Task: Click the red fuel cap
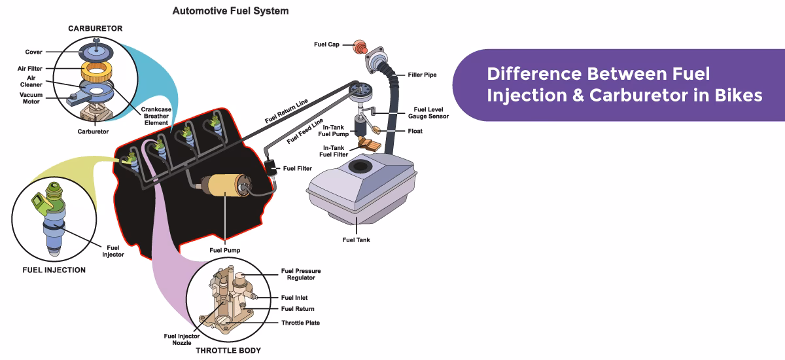coord(358,46)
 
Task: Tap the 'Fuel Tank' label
coord(356,240)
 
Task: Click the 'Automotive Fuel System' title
coord(230,11)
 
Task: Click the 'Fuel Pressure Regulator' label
coord(301,274)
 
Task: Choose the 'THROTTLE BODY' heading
coord(228,351)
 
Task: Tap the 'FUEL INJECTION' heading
coord(54,270)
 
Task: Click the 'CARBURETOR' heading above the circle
coord(96,28)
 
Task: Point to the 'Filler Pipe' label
coord(422,75)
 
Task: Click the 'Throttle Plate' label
coord(300,323)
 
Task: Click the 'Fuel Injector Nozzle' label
coord(177,339)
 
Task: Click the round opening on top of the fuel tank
coord(358,167)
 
